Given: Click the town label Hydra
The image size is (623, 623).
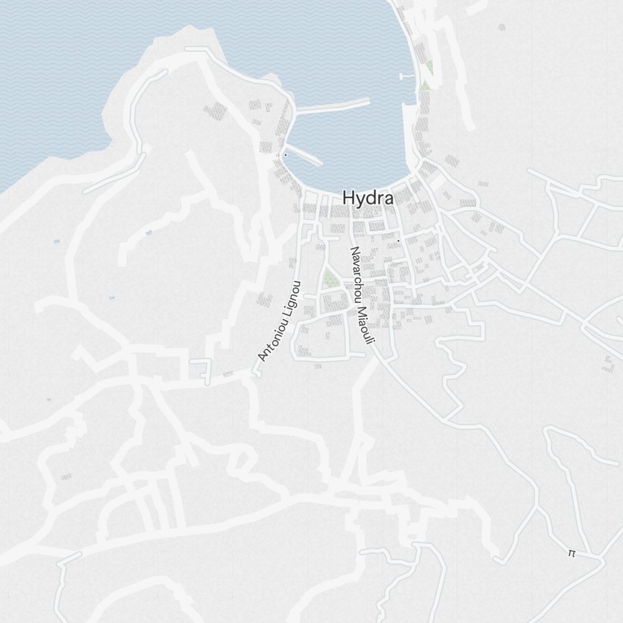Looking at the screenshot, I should tap(368, 198).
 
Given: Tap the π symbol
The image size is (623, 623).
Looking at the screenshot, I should tap(572, 553).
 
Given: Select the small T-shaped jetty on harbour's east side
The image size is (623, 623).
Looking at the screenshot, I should tap(406, 76).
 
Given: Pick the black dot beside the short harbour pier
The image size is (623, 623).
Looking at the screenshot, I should tap(285, 155).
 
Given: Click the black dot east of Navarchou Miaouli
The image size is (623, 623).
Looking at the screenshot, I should tap(398, 240).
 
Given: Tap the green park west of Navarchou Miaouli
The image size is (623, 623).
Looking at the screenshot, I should tap(330, 278).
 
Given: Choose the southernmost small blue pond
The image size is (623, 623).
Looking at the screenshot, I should tap(49, 399).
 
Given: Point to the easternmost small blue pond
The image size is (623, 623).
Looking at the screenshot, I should tap(148, 233).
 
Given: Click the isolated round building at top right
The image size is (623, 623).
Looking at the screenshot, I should tap(502, 27).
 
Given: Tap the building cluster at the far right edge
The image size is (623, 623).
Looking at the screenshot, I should tap(609, 364).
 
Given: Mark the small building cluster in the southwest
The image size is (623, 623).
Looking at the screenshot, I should tap(66, 477).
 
